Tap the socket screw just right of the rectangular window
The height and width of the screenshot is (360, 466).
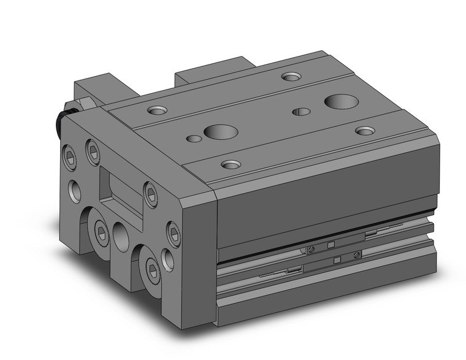pyautogui.click(x=151, y=194)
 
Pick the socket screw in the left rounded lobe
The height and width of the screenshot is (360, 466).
pyautogui.click(x=100, y=229)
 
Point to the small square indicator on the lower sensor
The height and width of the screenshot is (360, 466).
pyautogui.click(x=335, y=262)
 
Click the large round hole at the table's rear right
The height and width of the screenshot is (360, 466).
pyautogui.click(x=337, y=101)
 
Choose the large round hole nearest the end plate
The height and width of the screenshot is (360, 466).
pyautogui.click(x=217, y=131)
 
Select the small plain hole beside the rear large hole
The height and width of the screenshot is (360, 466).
pyautogui.click(x=300, y=111)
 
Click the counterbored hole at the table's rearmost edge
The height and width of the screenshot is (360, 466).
pyautogui.click(x=289, y=77)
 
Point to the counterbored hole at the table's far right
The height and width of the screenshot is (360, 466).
pyautogui.click(x=365, y=131)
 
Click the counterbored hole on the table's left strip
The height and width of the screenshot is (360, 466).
pyautogui.click(x=158, y=111)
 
